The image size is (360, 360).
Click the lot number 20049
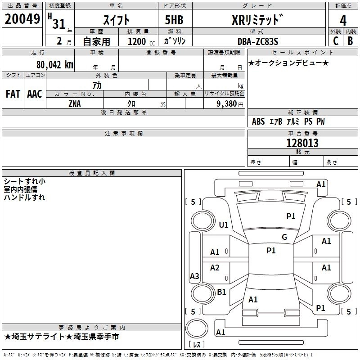click(x=22, y=20)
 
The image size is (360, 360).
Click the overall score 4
click(x=343, y=20)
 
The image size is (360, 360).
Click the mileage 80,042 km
click(x=51, y=64)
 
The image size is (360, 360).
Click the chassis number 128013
click(x=302, y=143)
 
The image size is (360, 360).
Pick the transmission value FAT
click(x=13, y=94)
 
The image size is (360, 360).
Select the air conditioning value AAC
click(x=35, y=94)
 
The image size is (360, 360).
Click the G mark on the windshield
click(x=284, y=237)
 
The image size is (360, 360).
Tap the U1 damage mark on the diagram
click(x=224, y=225)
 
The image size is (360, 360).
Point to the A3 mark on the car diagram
click(x=194, y=276)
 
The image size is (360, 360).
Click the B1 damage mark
click(x=221, y=292)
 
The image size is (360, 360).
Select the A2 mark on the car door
click(x=215, y=268)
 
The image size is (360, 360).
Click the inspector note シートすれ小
click(x=24, y=181)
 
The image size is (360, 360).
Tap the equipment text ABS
click(x=258, y=122)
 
